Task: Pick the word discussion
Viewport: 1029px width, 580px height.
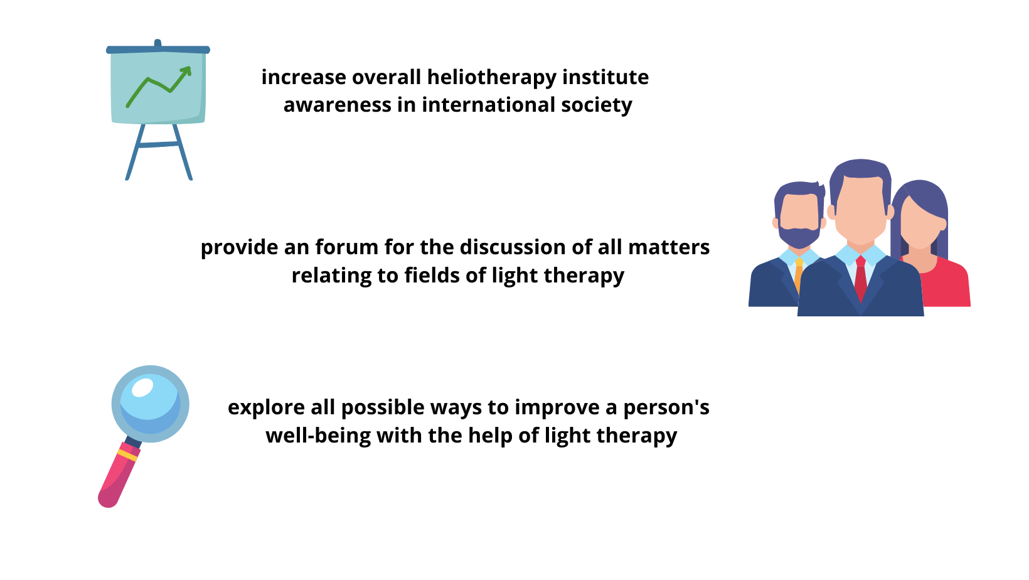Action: tap(513, 247)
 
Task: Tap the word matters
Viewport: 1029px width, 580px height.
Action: tap(669, 248)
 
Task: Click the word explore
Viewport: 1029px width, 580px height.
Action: tap(267, 408)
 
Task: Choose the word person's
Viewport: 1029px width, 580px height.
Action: tap(666, 408)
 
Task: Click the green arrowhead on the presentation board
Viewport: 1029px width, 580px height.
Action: tap(186, 71)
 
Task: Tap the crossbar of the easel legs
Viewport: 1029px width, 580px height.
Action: tap(159, 145)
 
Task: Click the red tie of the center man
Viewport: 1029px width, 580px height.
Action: tap(860, 278)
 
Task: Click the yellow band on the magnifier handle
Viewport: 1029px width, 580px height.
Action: tap(127, 456)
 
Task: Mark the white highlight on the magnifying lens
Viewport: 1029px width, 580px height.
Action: tap(142, 387)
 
